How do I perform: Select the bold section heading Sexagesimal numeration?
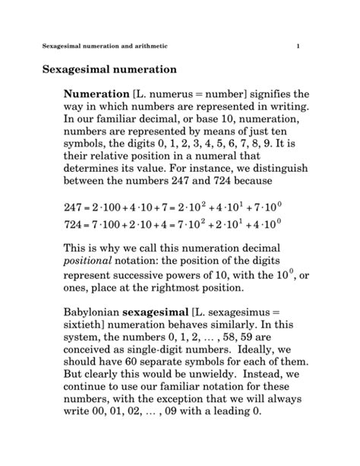click(108, 70)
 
